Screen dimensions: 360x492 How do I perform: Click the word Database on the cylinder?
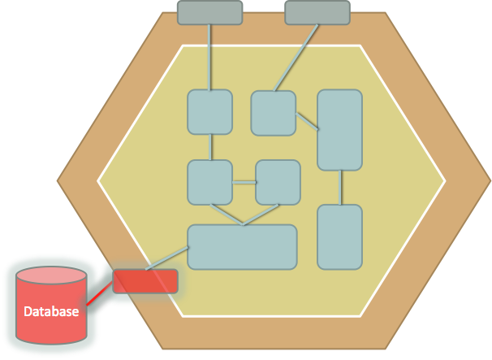(51, 311)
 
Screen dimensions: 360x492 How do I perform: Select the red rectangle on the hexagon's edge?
(145, 280)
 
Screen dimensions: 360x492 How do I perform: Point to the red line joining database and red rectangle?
(98, 295)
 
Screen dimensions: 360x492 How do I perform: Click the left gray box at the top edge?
(209, 12)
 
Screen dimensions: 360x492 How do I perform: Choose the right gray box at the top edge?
(317, 12)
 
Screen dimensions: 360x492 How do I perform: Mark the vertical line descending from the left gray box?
(210, 57)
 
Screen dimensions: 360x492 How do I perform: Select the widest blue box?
(242, 246)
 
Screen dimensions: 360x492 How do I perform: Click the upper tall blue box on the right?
(339, 130)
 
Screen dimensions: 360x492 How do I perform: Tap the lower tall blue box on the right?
(339, 236)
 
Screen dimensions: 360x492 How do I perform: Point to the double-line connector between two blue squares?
(244, 182)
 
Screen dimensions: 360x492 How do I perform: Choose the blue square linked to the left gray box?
(210, 112)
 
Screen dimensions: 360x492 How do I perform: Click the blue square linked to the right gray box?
(273, 113)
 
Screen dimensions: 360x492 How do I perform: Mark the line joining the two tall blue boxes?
(340, 187)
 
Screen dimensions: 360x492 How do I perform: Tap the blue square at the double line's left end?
(210, 182)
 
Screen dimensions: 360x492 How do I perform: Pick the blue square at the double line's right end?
(278, 182)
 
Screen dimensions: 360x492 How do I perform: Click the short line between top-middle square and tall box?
(306, 120)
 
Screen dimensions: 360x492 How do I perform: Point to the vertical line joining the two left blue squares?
(211, 147)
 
